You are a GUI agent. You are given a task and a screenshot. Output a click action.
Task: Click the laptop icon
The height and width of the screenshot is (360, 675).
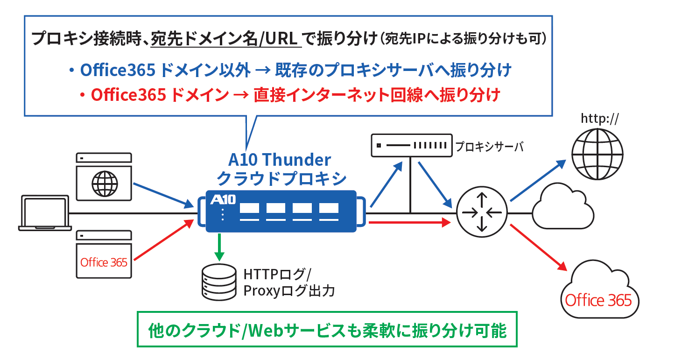point(45,213)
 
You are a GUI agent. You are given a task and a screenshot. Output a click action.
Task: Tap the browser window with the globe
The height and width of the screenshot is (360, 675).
point(104,176)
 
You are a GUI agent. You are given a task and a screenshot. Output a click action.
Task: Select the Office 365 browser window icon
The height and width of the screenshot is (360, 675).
point(104,254)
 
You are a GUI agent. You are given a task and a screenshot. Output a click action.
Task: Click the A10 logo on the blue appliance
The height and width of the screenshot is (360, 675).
point(223,199)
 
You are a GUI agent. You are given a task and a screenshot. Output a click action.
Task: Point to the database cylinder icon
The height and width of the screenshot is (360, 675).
point(219,282)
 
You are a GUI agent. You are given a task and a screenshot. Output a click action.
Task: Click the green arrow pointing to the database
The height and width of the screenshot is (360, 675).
point(219,247)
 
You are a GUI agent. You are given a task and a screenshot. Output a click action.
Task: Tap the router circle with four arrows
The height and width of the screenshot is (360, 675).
point(482,212)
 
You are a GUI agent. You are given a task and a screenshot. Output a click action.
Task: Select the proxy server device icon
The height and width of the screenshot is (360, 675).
point(412,146)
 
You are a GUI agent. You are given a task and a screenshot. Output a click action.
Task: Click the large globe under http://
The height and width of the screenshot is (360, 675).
point(598,155)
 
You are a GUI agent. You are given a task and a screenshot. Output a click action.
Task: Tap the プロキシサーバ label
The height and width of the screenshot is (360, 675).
point(489,147)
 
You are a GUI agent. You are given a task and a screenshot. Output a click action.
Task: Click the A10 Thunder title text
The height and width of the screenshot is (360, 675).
point(280,160)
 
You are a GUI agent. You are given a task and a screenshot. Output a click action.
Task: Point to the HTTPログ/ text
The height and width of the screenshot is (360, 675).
point(277,275)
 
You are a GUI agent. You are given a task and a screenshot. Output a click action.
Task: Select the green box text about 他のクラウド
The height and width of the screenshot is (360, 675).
point(327,331)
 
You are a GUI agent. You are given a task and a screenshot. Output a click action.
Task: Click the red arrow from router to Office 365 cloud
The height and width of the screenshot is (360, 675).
point(539,247)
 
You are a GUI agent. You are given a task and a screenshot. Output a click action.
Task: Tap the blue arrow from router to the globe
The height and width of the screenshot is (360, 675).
point(538,180)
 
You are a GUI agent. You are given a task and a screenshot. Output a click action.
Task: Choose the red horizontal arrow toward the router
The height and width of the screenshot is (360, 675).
point(410,223)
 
